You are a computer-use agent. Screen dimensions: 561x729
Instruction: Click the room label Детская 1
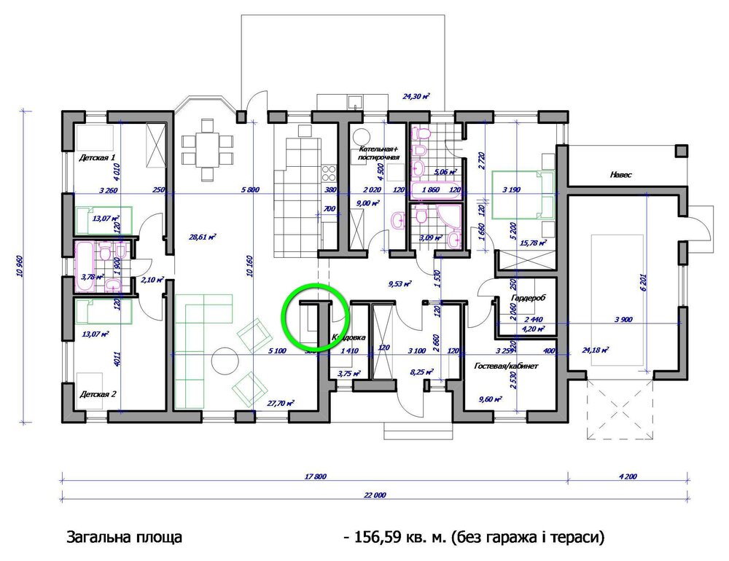[x=98, y=157]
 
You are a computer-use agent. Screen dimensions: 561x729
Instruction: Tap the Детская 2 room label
[x=98, y=393]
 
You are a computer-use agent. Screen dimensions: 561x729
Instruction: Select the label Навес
[x=620, y=176]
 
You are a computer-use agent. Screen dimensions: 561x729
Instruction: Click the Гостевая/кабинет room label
[x=505, y=366]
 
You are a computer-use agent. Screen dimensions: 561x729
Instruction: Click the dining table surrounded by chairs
[x=208, y=148]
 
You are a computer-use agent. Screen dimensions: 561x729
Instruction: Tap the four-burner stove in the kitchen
[x=329, y=173]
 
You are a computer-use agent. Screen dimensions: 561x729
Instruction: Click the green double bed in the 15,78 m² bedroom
[x=523, y=194]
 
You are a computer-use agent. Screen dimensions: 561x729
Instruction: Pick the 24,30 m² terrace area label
[x=416, y=96]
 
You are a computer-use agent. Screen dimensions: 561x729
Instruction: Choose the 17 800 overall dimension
[x=315, y=476]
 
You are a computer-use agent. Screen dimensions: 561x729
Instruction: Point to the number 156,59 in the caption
[x=377, y=538]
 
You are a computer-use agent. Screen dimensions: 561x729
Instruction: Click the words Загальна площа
[x=124, y=538]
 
